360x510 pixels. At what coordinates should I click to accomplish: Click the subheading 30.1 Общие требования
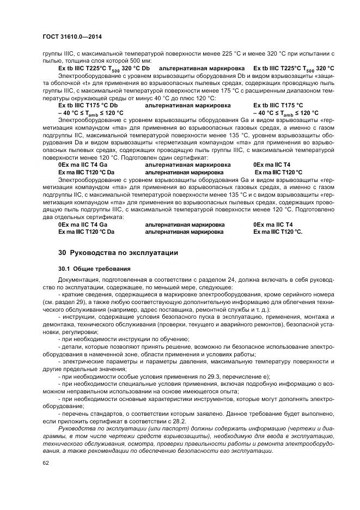coord(94,269)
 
